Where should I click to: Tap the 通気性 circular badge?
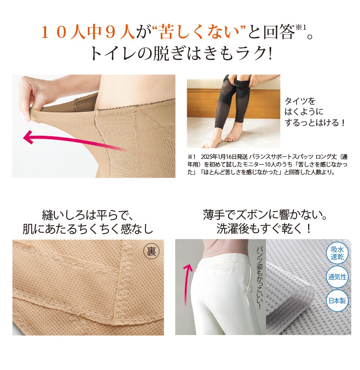(337, 277)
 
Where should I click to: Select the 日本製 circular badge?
(337, 300)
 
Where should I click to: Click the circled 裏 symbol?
(151, 252)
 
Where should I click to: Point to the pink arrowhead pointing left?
(28, 137)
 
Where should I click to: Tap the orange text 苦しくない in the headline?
(199, 32)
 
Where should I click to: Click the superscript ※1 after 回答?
(300, 28)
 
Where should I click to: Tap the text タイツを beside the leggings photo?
(300, 101)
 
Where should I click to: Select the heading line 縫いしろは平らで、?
(88, 215)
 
